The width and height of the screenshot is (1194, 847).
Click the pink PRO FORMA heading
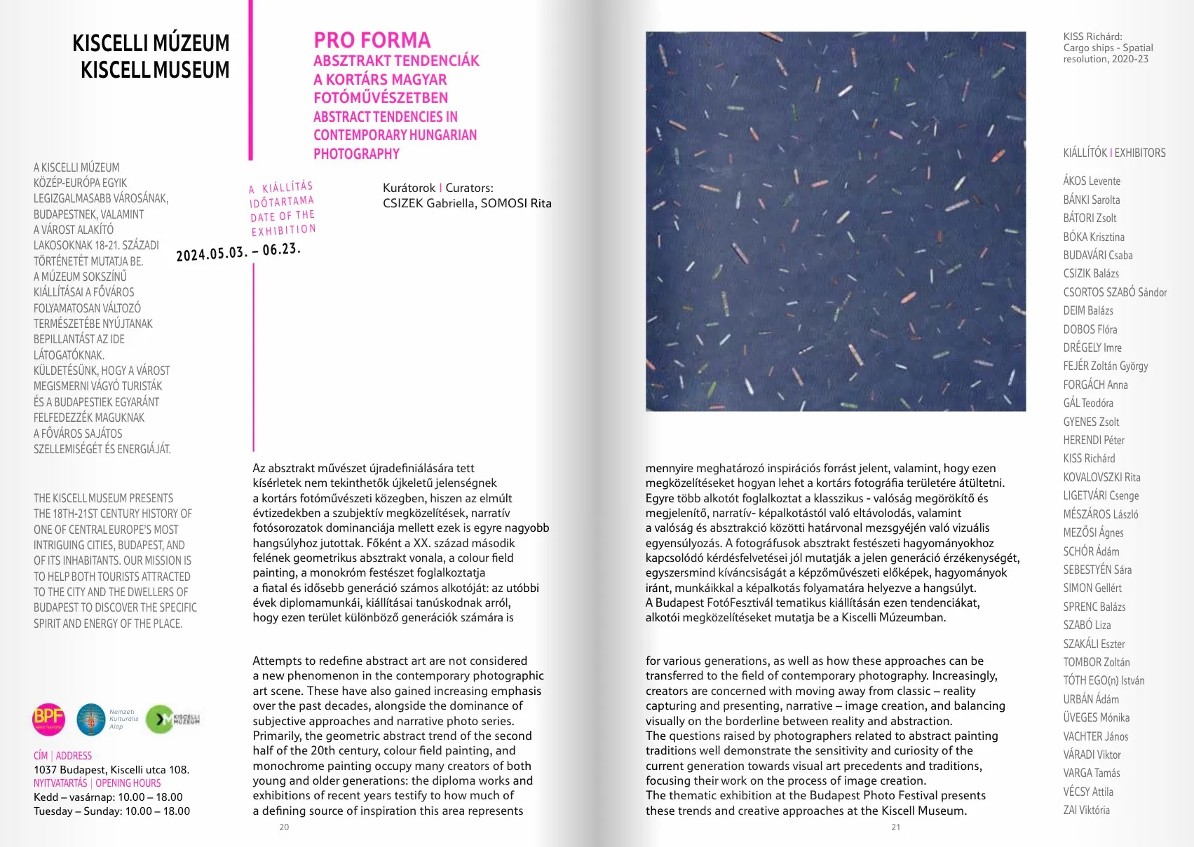(372, 41)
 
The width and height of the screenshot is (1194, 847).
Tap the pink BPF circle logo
(49, 719)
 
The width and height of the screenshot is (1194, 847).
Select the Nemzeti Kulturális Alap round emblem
(91, 719)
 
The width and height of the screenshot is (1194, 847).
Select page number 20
(284, 827)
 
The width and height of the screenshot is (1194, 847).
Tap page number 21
(895, 827)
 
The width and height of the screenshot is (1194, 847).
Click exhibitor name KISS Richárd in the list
(1089, 459)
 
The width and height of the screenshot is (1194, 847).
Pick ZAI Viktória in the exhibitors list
(1086, 811)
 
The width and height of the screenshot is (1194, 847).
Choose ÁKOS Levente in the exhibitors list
(1092, 181)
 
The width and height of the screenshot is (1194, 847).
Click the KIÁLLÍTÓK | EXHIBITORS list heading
(1114, 153)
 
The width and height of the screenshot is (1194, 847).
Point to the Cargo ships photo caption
(1108, 48)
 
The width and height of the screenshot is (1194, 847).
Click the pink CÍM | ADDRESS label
(62, 756)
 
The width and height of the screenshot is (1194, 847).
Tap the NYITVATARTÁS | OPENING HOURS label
(97, 783)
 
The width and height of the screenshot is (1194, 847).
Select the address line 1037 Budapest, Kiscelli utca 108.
(111, 770)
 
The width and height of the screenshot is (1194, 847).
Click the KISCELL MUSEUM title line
(155, 70)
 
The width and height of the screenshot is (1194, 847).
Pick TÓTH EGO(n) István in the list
(1104, 680)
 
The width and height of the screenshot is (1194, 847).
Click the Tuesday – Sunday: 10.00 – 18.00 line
(111, 811)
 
